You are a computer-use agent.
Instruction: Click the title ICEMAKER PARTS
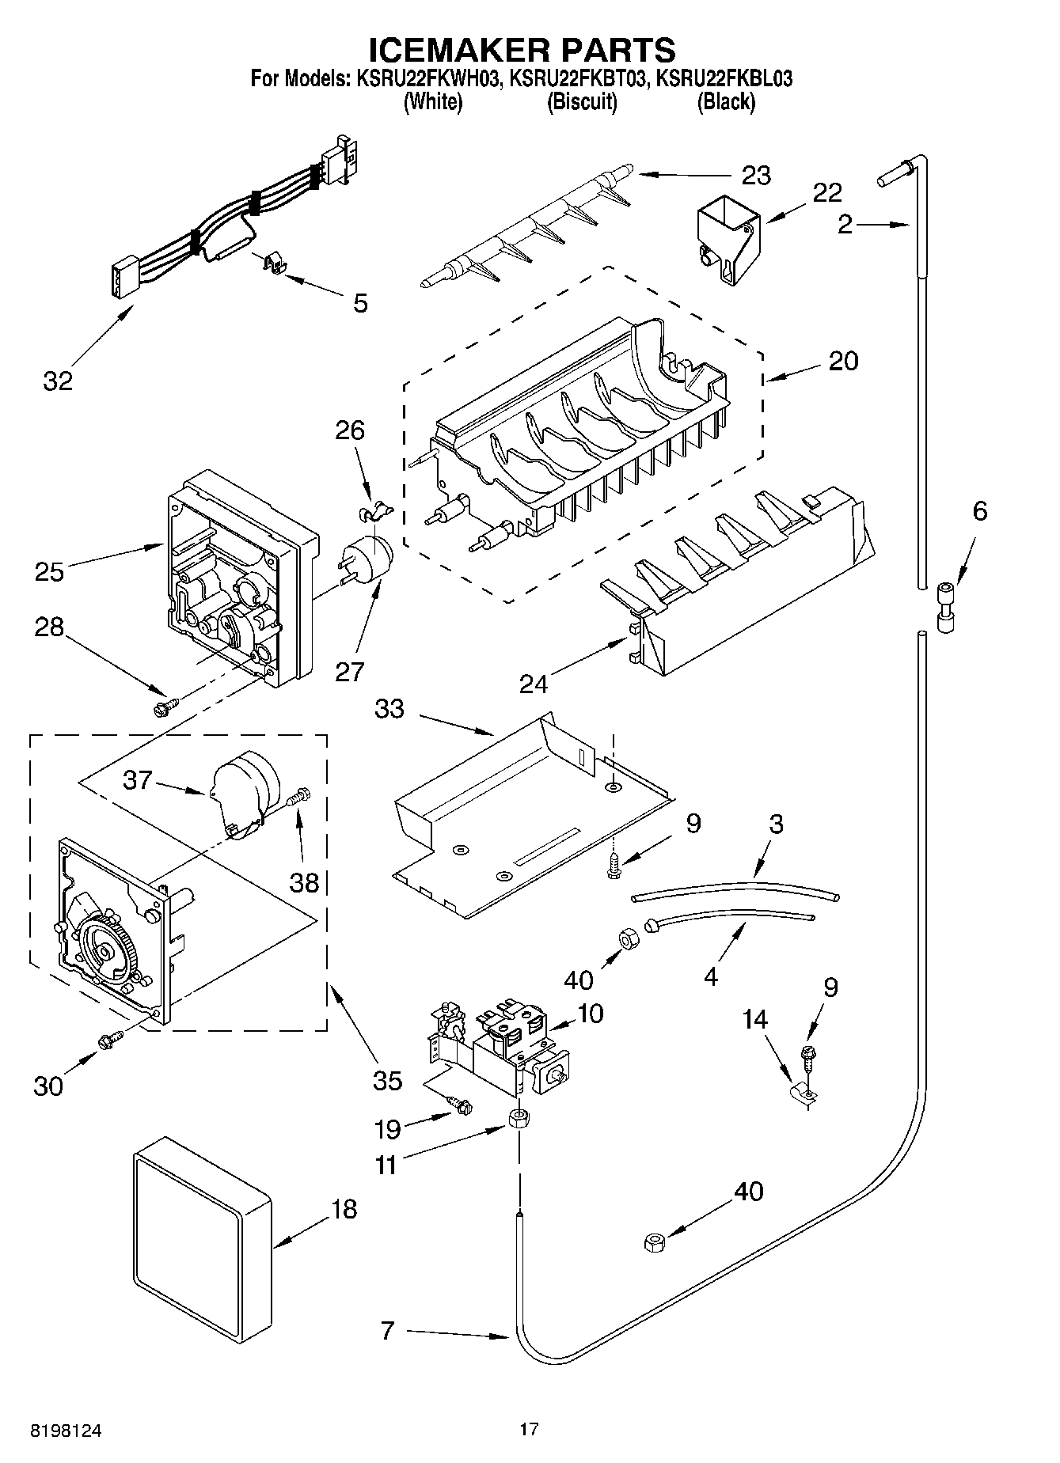tap(522, 49)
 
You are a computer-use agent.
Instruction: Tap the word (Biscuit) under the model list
tap(582, 101)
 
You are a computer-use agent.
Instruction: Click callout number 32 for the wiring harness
tap(58, 381)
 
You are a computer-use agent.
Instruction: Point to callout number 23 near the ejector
tap(755, 175)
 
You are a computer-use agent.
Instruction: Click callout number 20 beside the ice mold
tap(843, 361)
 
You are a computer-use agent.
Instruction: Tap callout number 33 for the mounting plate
tap(389, 709)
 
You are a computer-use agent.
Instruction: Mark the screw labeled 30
tap(108, 1042)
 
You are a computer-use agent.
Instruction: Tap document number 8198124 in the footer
tap(66, 1431)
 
